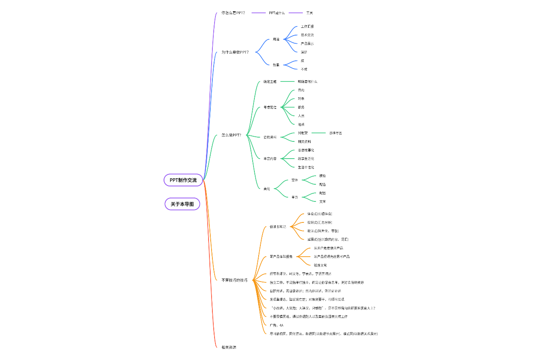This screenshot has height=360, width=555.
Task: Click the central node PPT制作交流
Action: pyautogui.click(x=183, y=180)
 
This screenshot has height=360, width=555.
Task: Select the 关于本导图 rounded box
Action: pyautogui.click(x=182, y=204)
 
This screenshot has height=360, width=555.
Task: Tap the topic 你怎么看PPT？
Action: pyautogui.click(x=233, y=13)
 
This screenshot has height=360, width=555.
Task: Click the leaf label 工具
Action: pyautogui.click(x=310, y=13)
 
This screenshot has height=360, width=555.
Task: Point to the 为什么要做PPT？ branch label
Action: pyautogui.click(x=235, y=52)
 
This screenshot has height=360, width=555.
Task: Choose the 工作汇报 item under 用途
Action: pyautogui.click(x=307, y=27)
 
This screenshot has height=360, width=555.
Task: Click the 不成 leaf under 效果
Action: pyautogui.click(x=304, y=69)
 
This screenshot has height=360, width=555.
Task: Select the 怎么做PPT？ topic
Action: pyautogui.click(x=231, y=135)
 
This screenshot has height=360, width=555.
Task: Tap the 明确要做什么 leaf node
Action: pyautogui.click(x=307, y=81)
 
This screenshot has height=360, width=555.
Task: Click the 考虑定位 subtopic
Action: pyautogui.click(x=270, y=107)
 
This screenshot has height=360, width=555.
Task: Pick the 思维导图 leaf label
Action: pyautogui.click(x=335, y=133)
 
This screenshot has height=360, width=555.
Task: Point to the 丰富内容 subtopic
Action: pyautogui.click(x=270, y=159)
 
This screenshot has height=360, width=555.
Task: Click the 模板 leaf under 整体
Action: pyautogui.click(x=322, y=176)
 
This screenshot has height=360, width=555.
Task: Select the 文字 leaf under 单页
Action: pyautogui.click(x=322, y=201)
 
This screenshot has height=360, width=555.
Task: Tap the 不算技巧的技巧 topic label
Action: pyautogui.click(x=234, y=280)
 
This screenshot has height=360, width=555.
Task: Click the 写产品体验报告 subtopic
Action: pyautogui.click(x=281, y=257)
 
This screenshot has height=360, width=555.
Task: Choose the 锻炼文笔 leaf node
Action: pyautogui.click(x=320, y=265)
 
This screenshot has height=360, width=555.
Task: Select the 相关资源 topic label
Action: pyautogui.click(x=229, y=347)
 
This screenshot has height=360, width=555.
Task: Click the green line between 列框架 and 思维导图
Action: pyautogui.click(x=319, y=133)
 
